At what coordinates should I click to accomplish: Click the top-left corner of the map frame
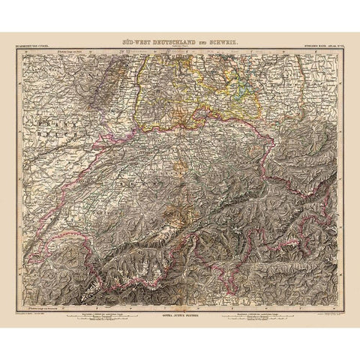[x=22, y=54]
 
